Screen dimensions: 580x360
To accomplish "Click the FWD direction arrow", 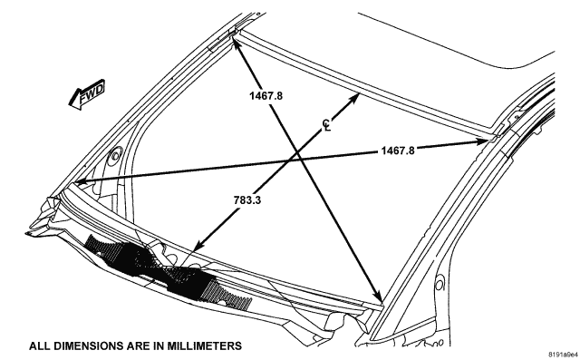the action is [x=88, y=94].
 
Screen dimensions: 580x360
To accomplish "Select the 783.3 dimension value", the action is [x=247, y=200].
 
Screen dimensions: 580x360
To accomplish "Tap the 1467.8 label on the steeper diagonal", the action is [x=266, y=96].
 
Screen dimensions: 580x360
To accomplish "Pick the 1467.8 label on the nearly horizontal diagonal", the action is [x=398, y=151].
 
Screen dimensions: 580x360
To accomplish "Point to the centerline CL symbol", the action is [x=326, y=125].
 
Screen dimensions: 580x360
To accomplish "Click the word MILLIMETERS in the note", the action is [x=204, y=346].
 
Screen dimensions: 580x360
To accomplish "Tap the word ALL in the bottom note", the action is [x=40, y=346].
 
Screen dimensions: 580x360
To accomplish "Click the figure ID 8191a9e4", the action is [x=563, y=354].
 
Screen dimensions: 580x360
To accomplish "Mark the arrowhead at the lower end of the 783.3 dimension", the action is [x=198, y=246].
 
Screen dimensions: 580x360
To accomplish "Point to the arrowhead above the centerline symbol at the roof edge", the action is [x=354, y=98].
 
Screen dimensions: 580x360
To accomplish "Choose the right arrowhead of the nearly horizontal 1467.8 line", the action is [x=481, y=141].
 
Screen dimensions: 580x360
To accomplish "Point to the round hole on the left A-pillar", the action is [x=116, y=155].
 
